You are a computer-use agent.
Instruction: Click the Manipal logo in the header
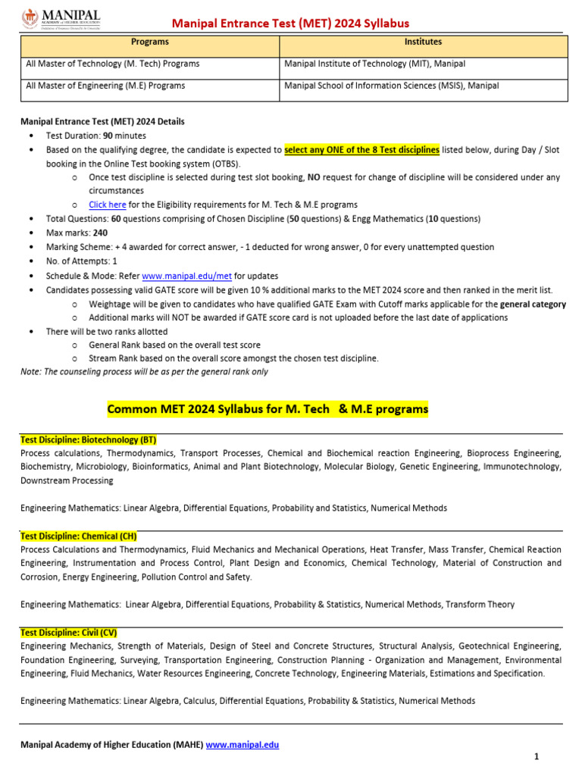pos(57,17)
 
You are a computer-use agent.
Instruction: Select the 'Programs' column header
pos(150,42)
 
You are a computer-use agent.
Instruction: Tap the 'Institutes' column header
pos(423,42)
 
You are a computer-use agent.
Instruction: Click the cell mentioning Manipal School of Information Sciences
pos(391,86)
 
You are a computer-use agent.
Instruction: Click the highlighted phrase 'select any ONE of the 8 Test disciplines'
pos(361,150)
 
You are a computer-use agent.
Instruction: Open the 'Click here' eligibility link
pos(108,205)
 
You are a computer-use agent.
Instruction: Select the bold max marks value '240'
pos(100,233)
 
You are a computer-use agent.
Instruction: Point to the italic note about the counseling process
pos(144,372)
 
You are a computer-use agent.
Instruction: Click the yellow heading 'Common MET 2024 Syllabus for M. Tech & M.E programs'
pos(268,409)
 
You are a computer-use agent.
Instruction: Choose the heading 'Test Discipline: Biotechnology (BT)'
pos(89,440)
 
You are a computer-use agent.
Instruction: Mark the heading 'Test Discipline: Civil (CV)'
pos(69,632)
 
